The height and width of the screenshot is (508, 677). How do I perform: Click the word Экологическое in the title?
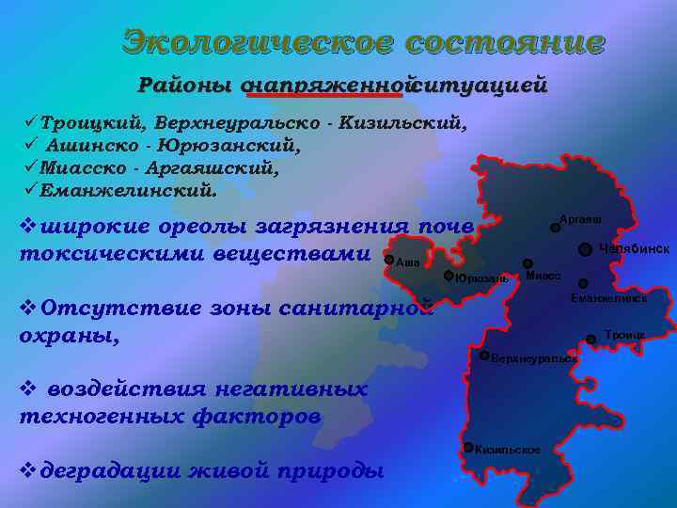[257, 42]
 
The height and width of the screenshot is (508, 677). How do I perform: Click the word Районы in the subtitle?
[184, 86]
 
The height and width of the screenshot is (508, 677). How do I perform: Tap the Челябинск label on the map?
[634, 248]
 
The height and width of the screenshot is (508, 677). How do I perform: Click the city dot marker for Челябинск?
[585, 249]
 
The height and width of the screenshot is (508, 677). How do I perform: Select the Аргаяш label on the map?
[580, 219]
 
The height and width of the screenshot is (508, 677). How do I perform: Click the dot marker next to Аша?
[389, 259]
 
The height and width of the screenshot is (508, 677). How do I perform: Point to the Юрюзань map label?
[481, 279]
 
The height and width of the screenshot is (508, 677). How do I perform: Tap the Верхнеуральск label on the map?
[535, 359]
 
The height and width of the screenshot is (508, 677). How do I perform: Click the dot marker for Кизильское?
[468, 447]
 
